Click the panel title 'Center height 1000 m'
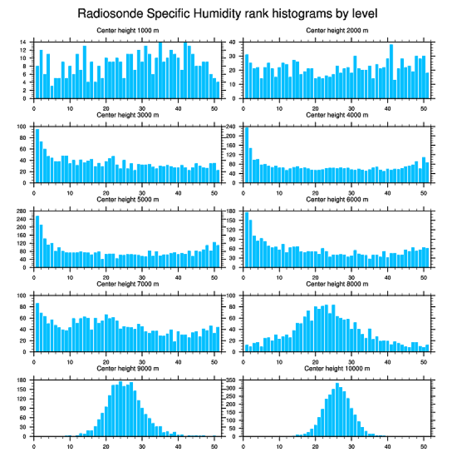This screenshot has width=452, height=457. pyautogui.click(x=127, y=31)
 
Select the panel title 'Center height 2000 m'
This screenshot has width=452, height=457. pyautogui.click(x=337, y=31)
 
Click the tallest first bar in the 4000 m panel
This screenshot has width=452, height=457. pyautogui.click(x=246, y=150)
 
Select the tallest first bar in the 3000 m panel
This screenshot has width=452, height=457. pyautogui.click(x=37, y=150)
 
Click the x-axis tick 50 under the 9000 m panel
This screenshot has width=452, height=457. pyautogui.click(x=214, y=445)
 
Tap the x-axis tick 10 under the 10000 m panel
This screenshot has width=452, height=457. pyautogui.click(x=279, y=445)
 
